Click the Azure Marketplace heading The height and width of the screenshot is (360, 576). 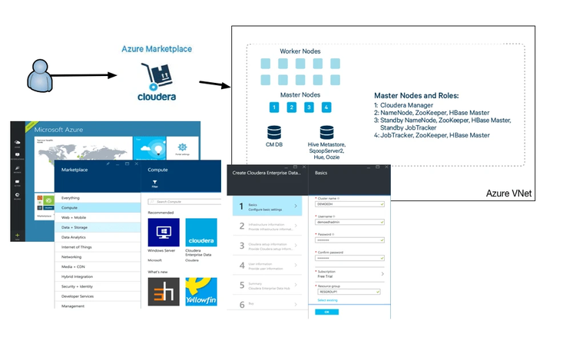click(x=157, y=49)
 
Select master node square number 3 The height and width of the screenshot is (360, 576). click(x=309, y=107)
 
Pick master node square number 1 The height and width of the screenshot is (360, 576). click(x=273, y=107)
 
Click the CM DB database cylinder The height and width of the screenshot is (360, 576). click(x=273, y=133)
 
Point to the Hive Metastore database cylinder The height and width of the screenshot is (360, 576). click(x=327, y=133)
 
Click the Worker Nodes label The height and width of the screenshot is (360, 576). click(x=300, y=51)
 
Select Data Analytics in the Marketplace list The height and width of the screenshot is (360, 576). click(x=77, y=237)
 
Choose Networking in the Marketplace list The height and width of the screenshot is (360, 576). click(x=72, y=257)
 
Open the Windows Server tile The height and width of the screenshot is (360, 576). click(x=164, y=233)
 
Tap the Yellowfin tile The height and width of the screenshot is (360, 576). click(x=201, y=292)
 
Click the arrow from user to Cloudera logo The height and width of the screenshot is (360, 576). click(x=85, y=76)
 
